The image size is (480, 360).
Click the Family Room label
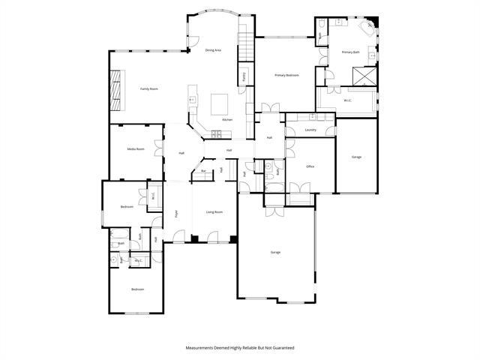point(149,89)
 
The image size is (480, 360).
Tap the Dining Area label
point(213,50)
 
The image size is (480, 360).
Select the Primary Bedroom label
point(286,75)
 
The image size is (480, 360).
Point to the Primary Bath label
point(351,52)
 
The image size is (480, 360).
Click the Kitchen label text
point(226,120)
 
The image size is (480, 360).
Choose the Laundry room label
point(310,130)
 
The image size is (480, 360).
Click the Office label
point(310,166)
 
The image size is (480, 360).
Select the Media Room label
point(136,149)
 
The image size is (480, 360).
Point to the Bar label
point(203,172)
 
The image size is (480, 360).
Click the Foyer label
point(177,213)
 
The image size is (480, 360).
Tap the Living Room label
point(214,212)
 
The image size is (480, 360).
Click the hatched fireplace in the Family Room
point(115,88)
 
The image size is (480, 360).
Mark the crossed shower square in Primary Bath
point(365,76)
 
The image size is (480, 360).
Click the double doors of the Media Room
point(158,148)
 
